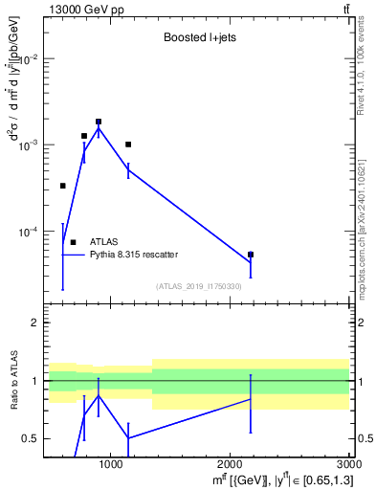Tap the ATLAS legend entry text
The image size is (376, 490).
coord(104,242)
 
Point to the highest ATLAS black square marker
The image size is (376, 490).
coord(99,122)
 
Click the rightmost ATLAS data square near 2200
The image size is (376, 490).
coord(251,255)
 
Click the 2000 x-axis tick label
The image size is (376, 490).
coord(230,465)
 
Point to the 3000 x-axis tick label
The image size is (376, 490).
coord(347,465)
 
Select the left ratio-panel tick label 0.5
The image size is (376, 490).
coord(31,439)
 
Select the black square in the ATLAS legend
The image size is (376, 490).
coord(73,242)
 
